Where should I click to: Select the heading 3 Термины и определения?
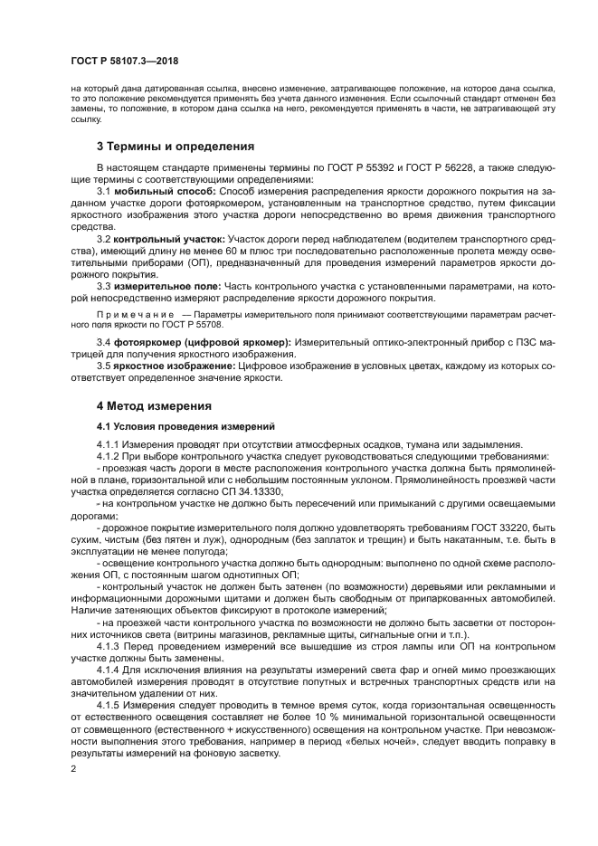click(175, 147)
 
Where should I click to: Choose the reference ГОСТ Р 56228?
click(423, 168)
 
